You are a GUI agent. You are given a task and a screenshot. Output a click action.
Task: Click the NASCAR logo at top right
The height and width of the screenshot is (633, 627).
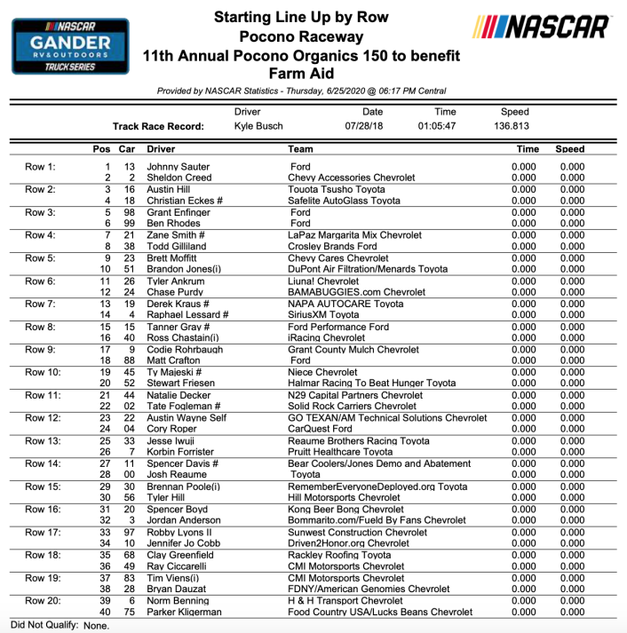click(540, 28)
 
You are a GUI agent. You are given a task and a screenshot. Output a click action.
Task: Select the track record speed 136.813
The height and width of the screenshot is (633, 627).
click(512, 127)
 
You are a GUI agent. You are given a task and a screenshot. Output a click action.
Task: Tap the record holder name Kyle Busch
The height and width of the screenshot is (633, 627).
click(258, 127)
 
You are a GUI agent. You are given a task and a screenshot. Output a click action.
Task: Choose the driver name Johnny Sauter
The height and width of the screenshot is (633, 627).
click(179, 167)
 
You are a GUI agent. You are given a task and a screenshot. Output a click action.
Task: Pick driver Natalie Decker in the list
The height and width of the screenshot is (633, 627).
click(181, 395)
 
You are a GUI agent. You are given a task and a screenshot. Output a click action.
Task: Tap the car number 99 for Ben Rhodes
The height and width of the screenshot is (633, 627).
click(128, 224)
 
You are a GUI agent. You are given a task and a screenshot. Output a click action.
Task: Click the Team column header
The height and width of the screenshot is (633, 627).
click(301, 149)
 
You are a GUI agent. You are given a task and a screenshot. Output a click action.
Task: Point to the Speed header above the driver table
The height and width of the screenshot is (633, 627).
click(570, 149)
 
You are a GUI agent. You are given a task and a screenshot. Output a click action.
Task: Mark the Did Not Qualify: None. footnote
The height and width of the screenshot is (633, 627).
click(60, 625)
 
